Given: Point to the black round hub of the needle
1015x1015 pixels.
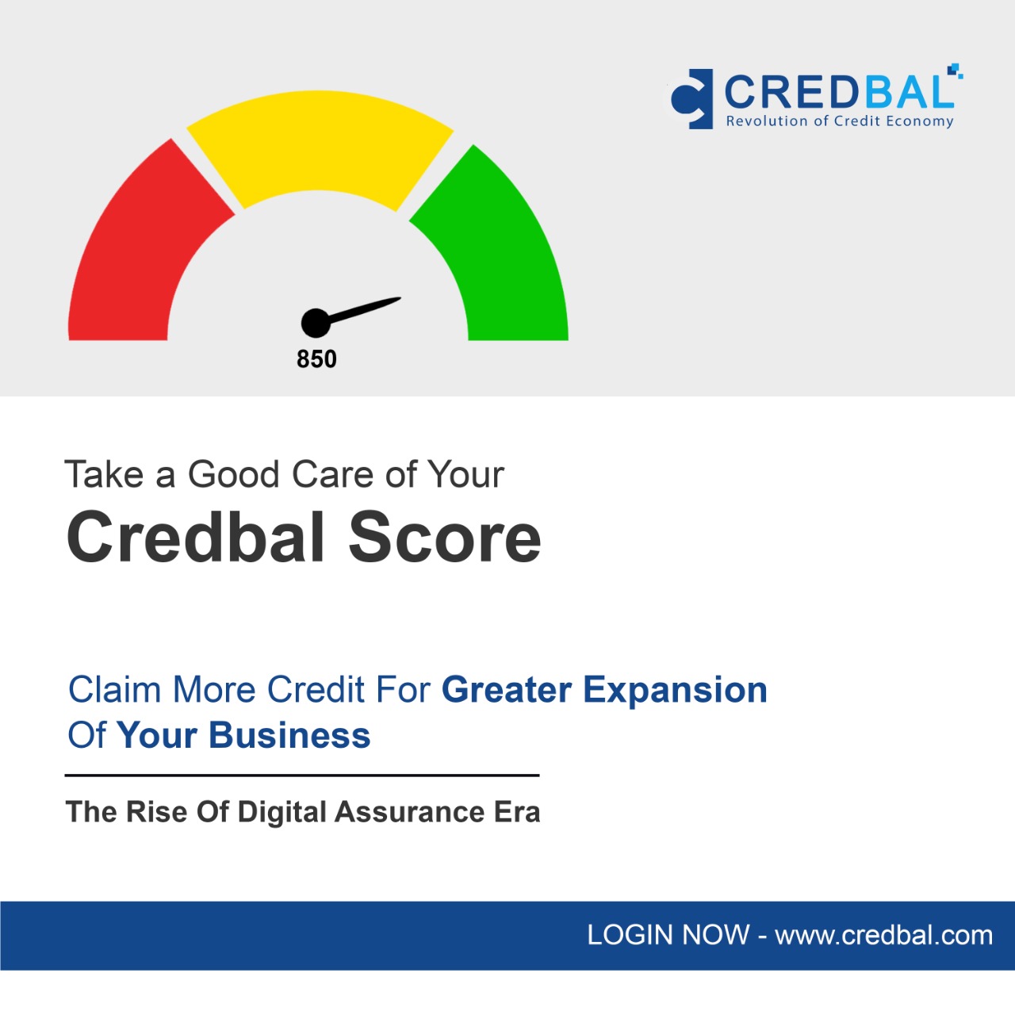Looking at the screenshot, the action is point(316,323).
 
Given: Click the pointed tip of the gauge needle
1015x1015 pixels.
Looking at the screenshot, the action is point(400,298).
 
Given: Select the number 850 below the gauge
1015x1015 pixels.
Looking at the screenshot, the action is point(316,359).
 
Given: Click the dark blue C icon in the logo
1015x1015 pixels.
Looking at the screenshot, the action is point(691,99).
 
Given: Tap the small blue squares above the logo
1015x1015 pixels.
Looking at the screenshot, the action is point(955,71).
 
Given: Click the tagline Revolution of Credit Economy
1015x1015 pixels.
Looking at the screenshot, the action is point(840,121).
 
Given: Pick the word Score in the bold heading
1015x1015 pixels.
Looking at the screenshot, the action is point(445,538).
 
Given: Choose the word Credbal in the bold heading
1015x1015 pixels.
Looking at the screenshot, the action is point(195,538).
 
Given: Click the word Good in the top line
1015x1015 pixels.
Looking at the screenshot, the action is point(233,474).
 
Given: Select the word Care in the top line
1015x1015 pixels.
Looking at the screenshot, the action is point(333,474).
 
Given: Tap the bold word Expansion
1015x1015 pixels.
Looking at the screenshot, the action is point(676,690).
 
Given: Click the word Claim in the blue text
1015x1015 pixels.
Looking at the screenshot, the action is point(114,689).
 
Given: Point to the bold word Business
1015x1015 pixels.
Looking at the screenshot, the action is point(289,735).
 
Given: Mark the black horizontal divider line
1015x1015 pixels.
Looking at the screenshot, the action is point(302,776).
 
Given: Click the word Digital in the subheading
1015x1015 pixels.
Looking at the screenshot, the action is point(282,812).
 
